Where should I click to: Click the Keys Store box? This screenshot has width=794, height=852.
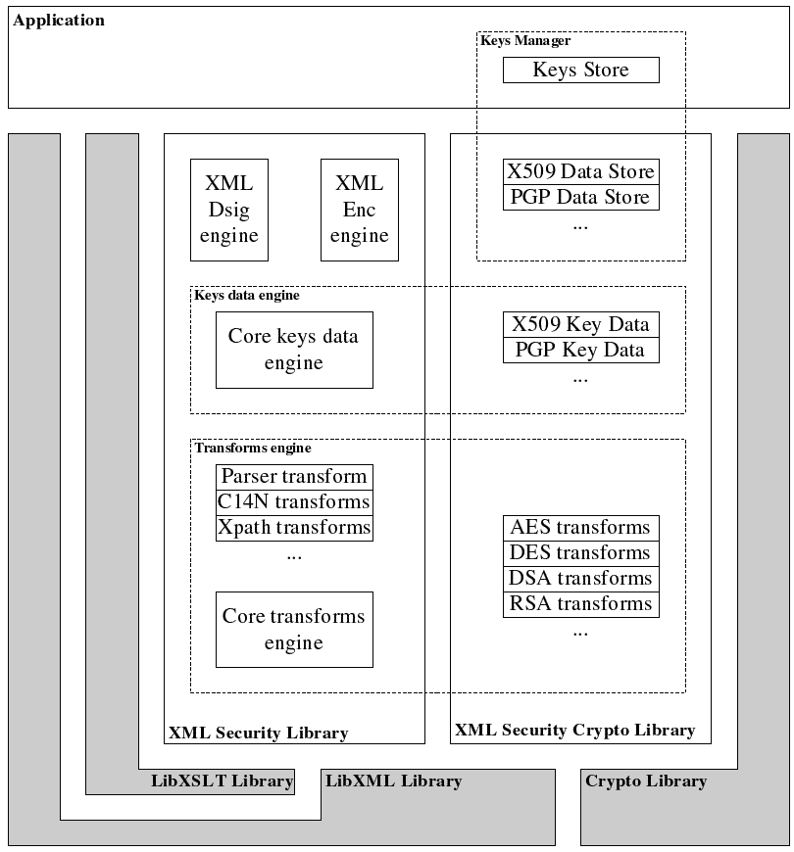click(x=580, y=70)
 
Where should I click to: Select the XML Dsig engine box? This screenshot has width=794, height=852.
click(x=228, y=210)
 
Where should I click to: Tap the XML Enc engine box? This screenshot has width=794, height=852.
click(x=359, y=210)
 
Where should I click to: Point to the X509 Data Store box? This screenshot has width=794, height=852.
click(x=580, y=171)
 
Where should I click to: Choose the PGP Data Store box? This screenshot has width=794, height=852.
click(x=580, y=197)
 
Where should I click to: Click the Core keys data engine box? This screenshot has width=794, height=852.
click(x=293, y=350)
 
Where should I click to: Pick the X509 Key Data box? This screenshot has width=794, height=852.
click(x=580, y=324)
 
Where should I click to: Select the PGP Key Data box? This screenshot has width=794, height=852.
click(x=580, y=350)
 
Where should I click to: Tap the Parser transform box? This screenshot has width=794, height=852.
click(x=294, y=477)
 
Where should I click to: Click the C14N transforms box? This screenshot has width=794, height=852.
click(x=294, y=502)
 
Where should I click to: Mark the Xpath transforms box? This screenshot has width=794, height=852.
click(x=294, y=528)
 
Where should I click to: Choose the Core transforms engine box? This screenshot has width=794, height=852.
click(x=294, y=630)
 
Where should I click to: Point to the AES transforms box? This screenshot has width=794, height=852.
click(x=580, y=528)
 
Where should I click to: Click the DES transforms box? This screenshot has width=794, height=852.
click(x=580, y=553)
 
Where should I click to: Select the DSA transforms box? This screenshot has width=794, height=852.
click(x=580, y=579)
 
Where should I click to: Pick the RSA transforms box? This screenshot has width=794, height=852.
click(x=580, y=604)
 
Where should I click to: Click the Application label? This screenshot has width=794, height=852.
click(x=59, y=21)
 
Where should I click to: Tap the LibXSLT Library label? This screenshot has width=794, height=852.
click(x=223, y=781)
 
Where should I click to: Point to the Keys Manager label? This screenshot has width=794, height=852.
click(x=525, y=41)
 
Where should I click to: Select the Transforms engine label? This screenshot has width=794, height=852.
click(x=253, y=449)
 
